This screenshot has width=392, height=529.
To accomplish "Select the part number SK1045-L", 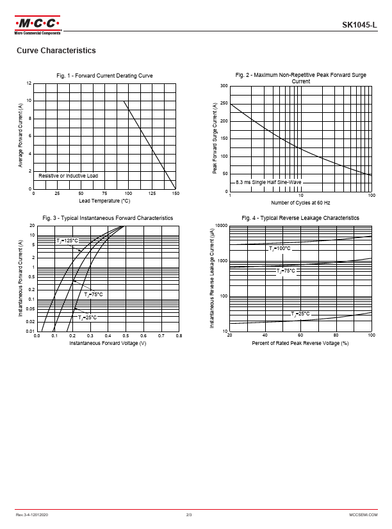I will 359,25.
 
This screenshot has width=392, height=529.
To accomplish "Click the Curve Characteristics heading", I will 56,51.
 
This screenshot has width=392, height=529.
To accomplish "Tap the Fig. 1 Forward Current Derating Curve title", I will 104,76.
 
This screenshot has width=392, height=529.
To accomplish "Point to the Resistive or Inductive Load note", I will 68,176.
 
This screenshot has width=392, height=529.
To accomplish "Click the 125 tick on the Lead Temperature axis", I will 152,194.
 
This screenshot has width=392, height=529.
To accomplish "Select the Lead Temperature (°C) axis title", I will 104,201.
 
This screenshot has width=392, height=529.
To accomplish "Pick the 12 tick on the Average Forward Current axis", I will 29,83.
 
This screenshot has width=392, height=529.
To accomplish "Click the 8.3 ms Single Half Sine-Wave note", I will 268,183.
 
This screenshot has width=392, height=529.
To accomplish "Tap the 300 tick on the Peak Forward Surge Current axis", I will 224,86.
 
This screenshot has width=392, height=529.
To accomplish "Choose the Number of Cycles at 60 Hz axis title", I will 300,203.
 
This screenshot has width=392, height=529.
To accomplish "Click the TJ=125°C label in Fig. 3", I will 67,241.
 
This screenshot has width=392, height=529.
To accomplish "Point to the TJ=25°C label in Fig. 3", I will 87,317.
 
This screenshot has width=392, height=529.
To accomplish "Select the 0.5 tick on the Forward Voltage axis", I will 126,336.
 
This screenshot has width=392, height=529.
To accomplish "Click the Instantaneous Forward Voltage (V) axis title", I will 108,343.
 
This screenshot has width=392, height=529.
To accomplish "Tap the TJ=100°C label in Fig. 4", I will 279,248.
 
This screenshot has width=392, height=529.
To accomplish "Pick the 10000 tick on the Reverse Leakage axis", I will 221,226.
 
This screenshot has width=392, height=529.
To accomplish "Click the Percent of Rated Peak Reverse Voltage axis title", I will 300,343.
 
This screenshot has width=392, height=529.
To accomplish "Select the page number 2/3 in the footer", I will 189,516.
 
